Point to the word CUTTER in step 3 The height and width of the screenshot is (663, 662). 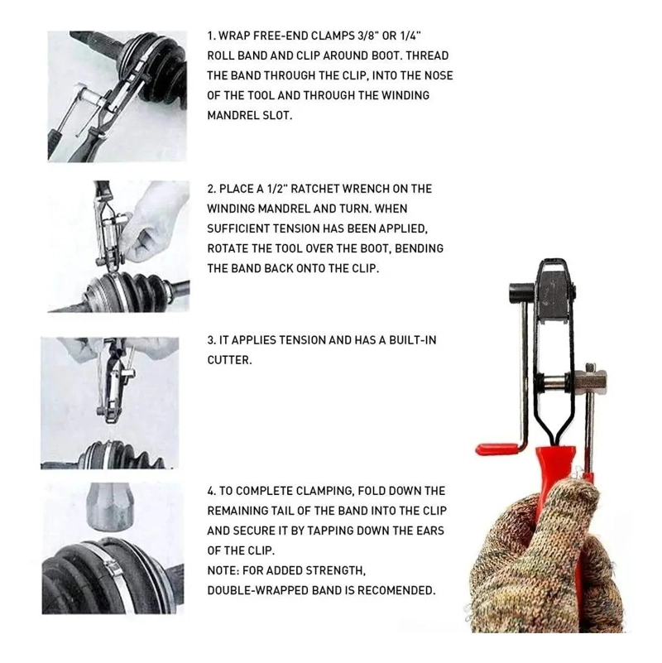(229, 360)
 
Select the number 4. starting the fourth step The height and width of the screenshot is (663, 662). (211, 491)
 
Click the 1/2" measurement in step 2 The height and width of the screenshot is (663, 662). (277, 189)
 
